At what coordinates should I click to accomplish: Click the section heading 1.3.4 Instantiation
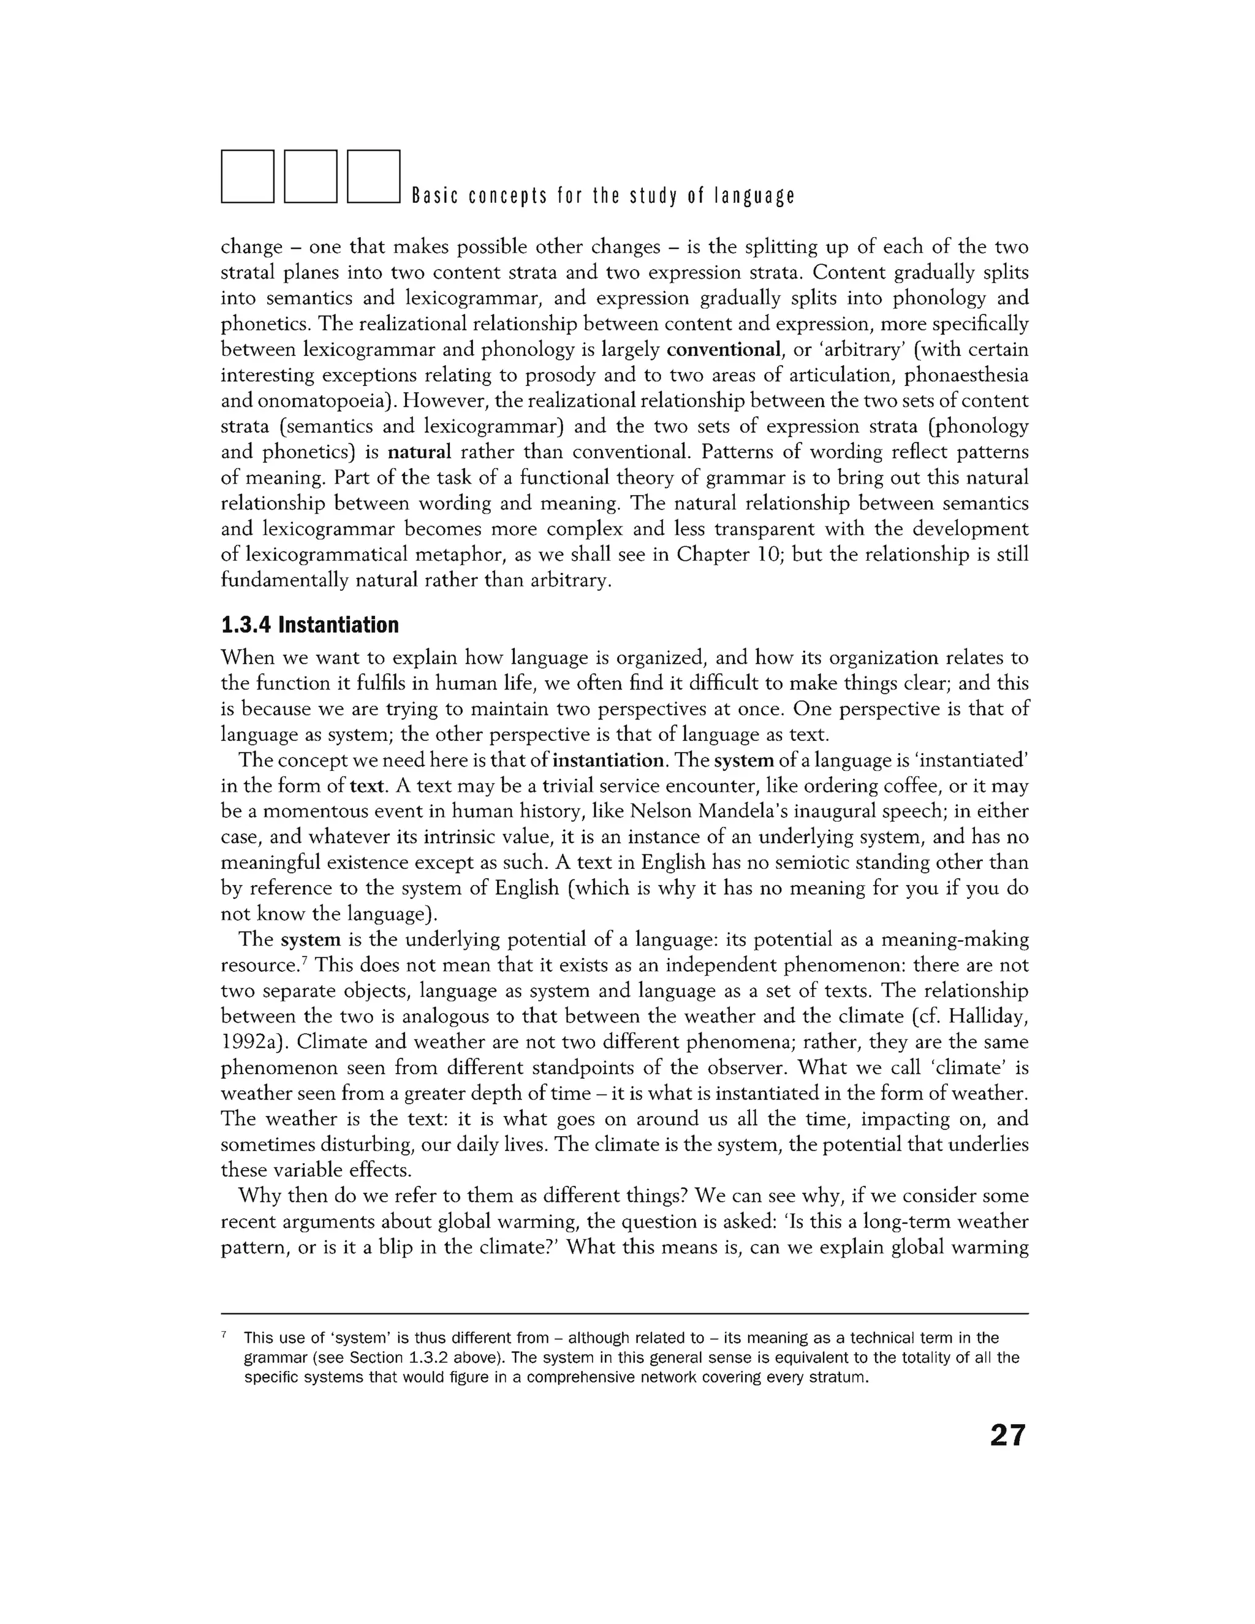pyautogui.click(x=310, y=624)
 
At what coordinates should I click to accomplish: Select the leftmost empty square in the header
pyautogui.click(x=248, y=177)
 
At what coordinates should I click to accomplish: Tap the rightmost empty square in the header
pyautogui.click(x=374, y=177)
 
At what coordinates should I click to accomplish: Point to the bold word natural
pyautogui.click(x=419, y=452)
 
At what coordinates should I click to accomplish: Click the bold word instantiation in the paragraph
pyautogui.click(x=608, y=760)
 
